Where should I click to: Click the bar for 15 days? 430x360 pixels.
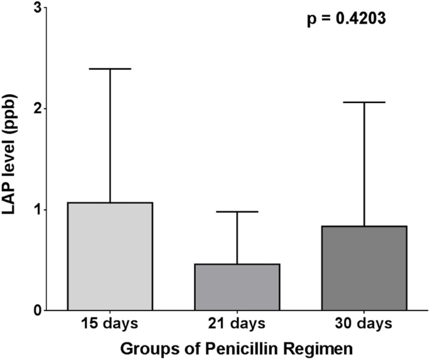110,256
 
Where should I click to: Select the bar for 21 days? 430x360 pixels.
237,286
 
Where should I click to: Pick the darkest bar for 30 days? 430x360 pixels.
364,268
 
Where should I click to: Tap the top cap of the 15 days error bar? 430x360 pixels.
110,68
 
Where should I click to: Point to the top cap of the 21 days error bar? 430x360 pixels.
237,212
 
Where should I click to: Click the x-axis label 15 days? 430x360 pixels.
110,324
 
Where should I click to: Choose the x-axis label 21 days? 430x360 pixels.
237,324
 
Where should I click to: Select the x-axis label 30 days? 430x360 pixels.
364,324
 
